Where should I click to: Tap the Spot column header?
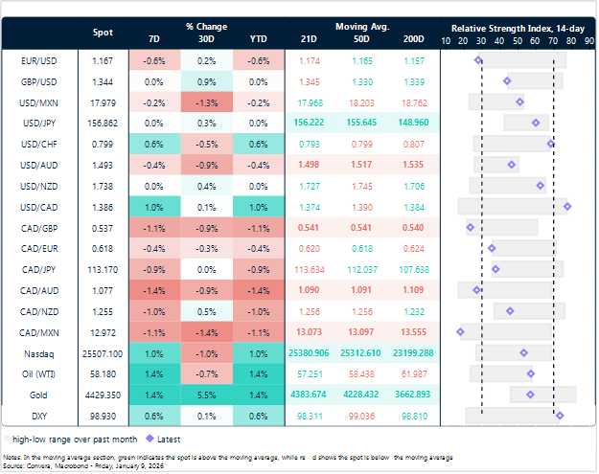[103, 32]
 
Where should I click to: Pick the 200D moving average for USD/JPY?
[414, 123]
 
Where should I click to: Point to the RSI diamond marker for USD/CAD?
[567, 206]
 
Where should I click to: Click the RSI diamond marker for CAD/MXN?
[461, 331]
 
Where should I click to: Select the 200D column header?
[414, 40]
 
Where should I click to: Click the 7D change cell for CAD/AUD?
[154, 289]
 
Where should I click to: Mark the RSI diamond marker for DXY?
[560, 415]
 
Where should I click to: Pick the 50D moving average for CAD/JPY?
[360, 268]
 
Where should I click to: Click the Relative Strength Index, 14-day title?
[518, 29]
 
